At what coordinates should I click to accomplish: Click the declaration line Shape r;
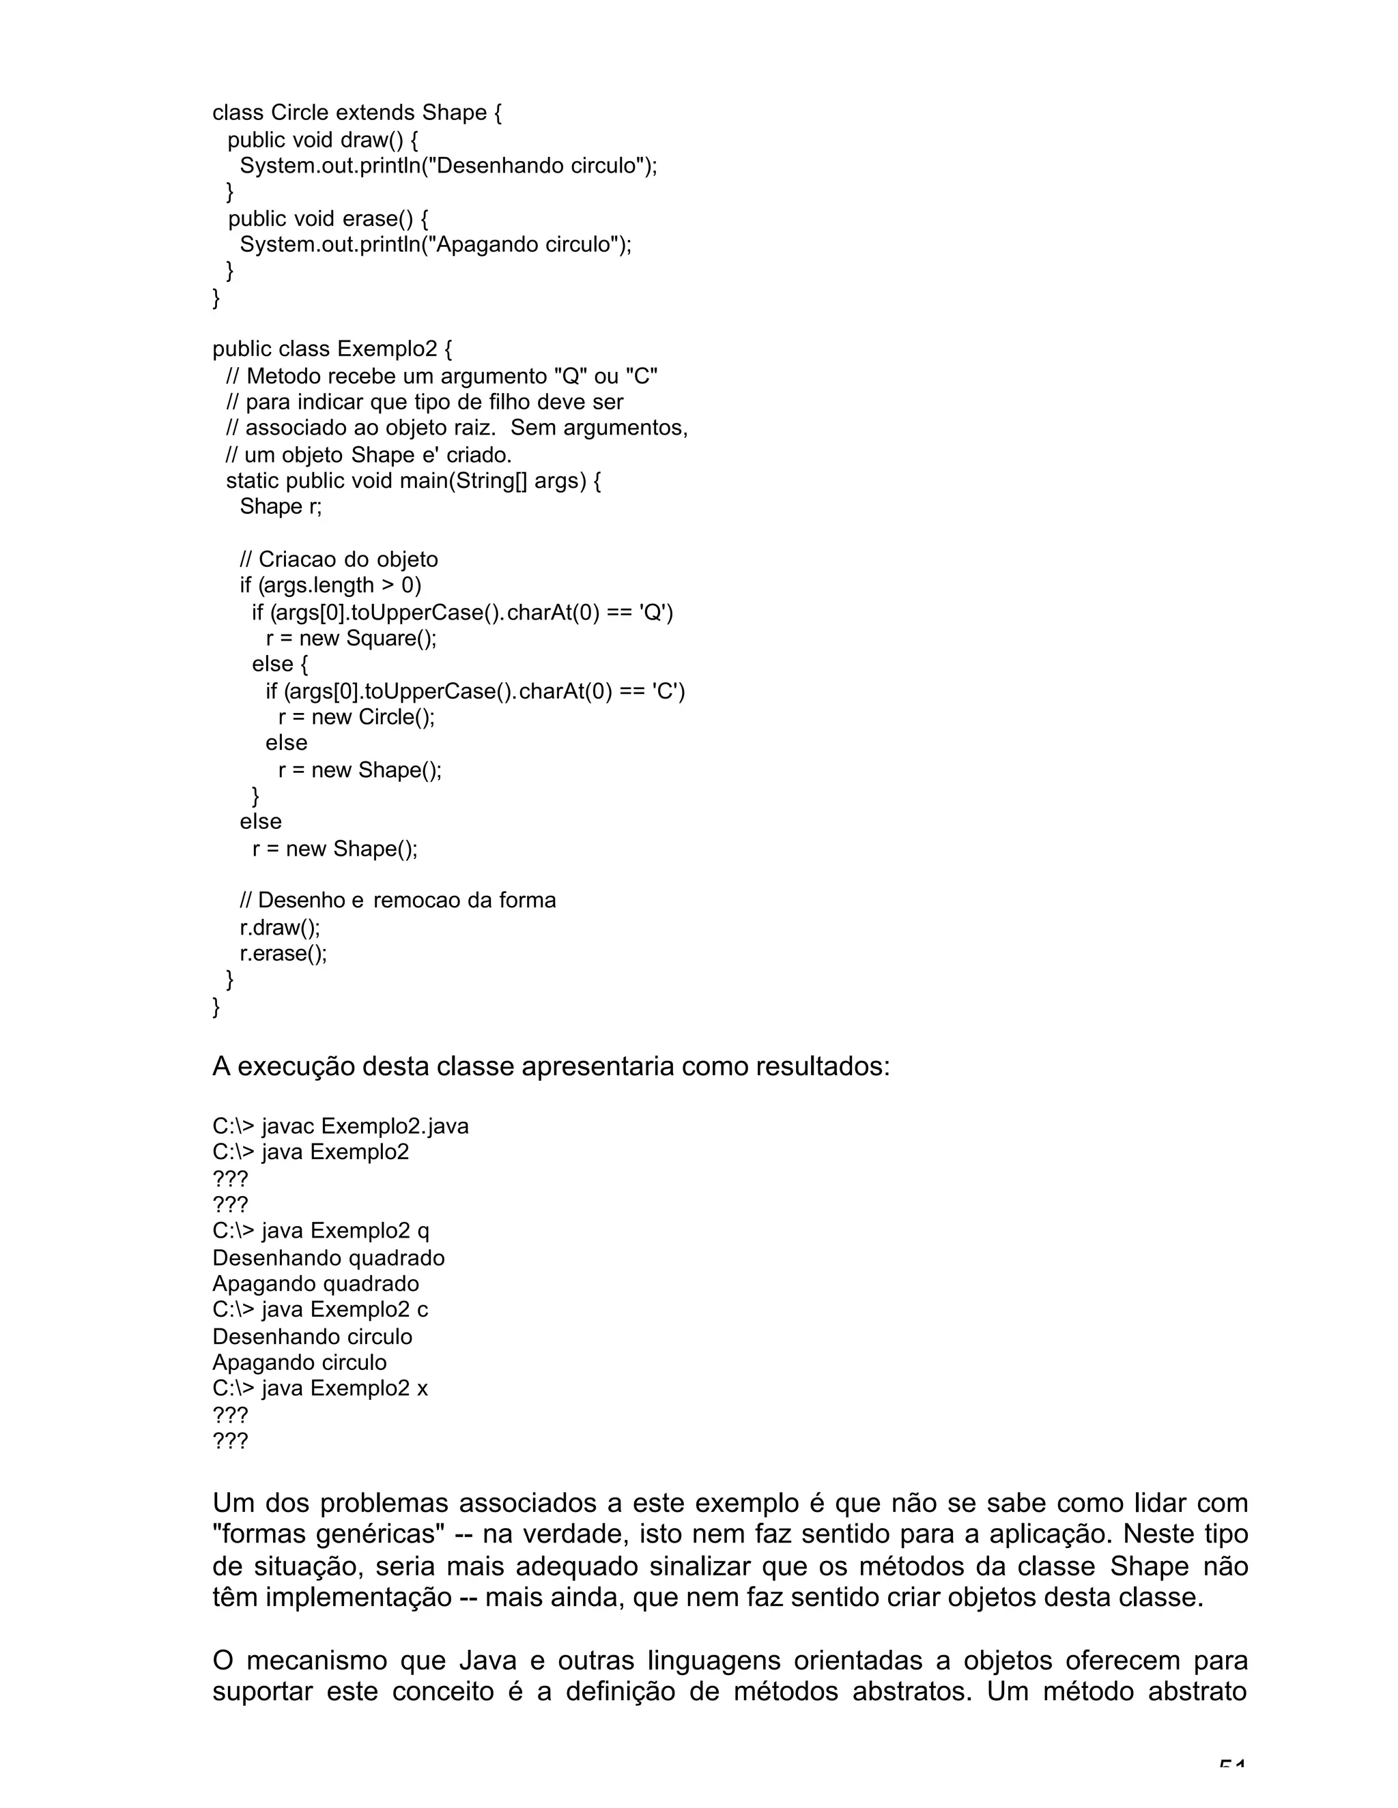click(x=281, y=507)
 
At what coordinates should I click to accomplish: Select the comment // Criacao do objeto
click(x=339, y=559)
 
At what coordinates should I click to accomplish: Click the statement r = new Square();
click(x=351, y=639)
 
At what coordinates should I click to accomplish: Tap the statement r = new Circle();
click(x=356, y=717)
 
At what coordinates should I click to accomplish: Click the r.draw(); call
click(x=280, y=927)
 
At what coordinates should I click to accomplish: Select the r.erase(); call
click(x=284, y=954)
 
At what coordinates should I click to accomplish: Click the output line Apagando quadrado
click(x=315, y=1284)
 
